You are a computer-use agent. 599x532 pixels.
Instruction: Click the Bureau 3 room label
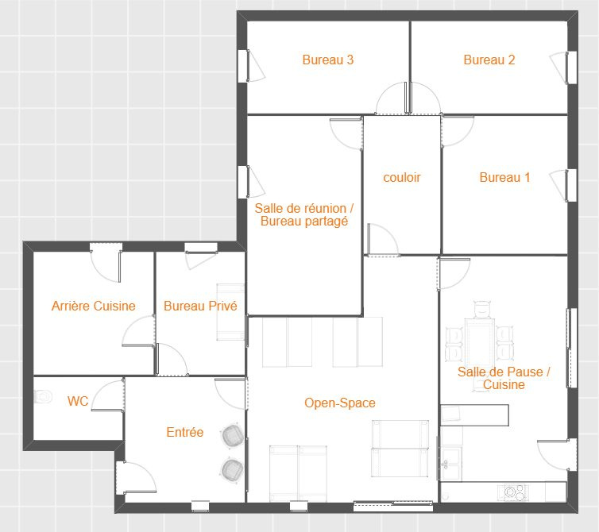(x=328, y=60)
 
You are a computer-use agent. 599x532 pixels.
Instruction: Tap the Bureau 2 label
(x=489, y=60)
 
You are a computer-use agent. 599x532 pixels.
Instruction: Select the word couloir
(x=401, y=178)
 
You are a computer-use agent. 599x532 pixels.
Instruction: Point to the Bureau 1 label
(x=504, y=178)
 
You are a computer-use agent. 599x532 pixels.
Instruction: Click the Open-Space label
(x=339, y=403)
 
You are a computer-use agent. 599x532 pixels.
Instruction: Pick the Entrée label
(x=185, y=432)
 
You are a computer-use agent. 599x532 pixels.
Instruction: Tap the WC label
(x=78, y=401)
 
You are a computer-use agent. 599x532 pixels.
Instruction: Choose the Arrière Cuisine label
(x=94, y=306)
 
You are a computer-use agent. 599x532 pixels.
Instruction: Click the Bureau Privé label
(x=200, y=306)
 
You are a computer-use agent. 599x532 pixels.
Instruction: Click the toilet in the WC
(x=43, y=396)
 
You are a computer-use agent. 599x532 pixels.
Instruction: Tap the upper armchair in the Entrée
(x=232, y=435)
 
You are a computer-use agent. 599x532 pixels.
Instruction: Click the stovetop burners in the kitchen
(x=515, y=492)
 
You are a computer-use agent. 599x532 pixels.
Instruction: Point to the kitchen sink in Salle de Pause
(x=451, y=463)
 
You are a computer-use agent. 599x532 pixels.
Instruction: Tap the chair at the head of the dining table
(x=482, y=310)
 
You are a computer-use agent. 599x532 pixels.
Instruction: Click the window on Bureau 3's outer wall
(x=243, y=66)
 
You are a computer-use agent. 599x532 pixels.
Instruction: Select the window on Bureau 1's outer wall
(x=571, y=185)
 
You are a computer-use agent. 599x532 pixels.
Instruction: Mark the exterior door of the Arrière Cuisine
(x=106, y=263)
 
